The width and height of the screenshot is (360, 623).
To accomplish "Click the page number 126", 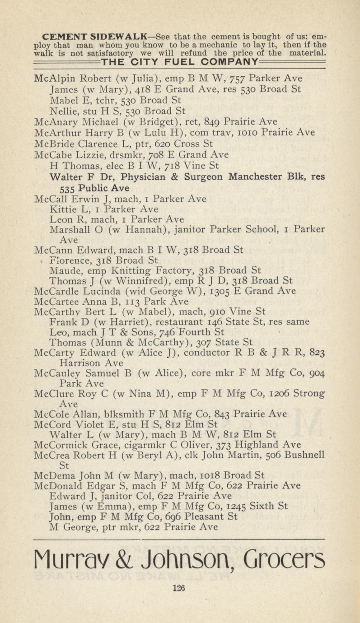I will coord(179,587).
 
